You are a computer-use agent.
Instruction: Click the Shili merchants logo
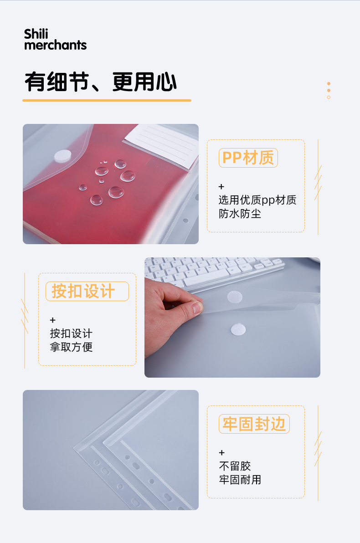pos(56,40)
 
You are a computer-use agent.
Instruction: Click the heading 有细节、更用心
pos(101,82)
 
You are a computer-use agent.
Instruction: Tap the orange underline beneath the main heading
pos(107,100)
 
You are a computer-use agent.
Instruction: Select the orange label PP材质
pos(248,158)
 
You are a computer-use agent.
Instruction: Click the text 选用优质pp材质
pos(257,200)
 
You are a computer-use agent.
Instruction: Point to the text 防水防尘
pos(240,214)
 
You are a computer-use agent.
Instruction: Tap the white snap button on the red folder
pos(63,156)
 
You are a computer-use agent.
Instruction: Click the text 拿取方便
pos(72,347)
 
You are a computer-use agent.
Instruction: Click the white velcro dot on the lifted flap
pos(235,297)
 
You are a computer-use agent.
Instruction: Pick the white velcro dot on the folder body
pos(238,329)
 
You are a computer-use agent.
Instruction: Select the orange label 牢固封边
pos(254,424)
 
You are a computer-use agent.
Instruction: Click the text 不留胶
pos(235,466)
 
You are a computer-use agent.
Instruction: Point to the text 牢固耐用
pos(240,480)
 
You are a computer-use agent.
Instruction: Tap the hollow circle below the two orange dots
pos(329,97)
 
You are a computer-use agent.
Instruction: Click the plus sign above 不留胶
pos(222,453)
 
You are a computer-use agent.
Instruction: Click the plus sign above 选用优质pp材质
pos(221,187)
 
